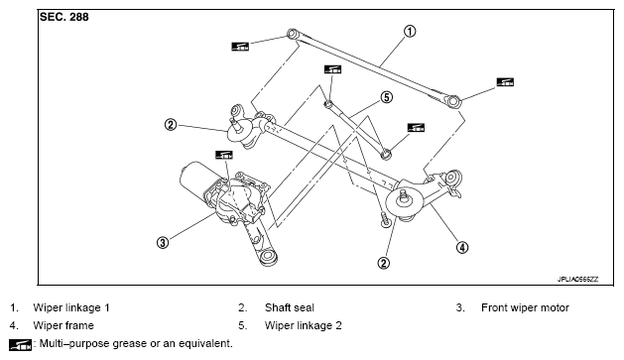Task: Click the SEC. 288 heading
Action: (64, 17)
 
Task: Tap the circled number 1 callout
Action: (410, 31)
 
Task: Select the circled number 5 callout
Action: (387, 97)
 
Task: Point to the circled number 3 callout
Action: (163, 242)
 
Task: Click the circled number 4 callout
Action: (462, 247)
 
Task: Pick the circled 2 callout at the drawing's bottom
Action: (384, 263)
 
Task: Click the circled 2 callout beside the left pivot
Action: (171, 125)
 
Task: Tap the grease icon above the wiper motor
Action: (223, 155)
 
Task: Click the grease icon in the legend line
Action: (20, 344)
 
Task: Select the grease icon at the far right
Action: (505, 82)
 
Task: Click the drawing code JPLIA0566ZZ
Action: (577, 280)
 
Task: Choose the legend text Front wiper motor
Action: (525, 307)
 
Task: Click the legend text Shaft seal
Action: (290, 307)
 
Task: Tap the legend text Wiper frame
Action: (63, 325)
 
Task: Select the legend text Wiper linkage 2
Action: (304, 325)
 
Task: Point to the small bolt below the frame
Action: (385, 219)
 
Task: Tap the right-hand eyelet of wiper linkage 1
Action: (453, 101)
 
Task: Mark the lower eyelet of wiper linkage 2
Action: (386, 154)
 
